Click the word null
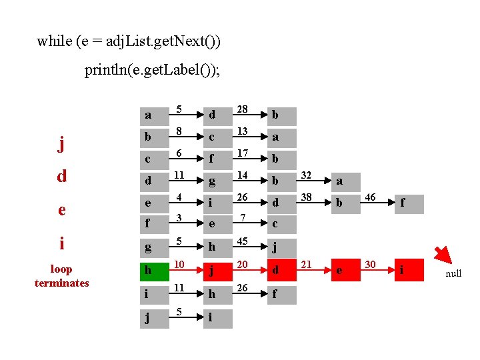click(453, 274)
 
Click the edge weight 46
click(370, 197)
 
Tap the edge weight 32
click(307, 175)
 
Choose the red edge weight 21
click(307, 265)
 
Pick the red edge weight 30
click(370, 265)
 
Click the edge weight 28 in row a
click(242, 108)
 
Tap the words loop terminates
click(61, 276)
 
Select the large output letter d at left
click(61, 176)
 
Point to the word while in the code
click(55, 41)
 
